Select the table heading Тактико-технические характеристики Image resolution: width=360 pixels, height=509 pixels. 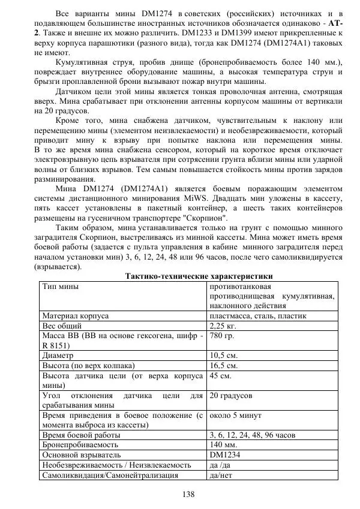pyautogui.click(x=198, y=276)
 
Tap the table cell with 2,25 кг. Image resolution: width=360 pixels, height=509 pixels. pyautogui.click(x=223, y=326)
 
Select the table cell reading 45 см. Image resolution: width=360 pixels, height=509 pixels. pyautogui.click(x=219, y=375)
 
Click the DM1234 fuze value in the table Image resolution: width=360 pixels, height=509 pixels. pyautogui.click(x=224, y=455)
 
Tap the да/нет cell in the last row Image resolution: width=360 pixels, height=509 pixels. pyautogui.click(x=220, y=475)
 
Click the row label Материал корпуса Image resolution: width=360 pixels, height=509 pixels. pyautogui.click(x=74, y=316)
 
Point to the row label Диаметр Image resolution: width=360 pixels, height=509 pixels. pyautogui.click(x=58, y=355)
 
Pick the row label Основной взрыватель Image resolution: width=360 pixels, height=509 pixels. pyautogui.click(x=82, y=455)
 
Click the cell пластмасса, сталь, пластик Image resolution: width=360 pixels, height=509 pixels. pyautogui.click(x=258, y=316)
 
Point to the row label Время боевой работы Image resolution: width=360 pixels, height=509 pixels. pyautogui.click(x=81, y=435)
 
